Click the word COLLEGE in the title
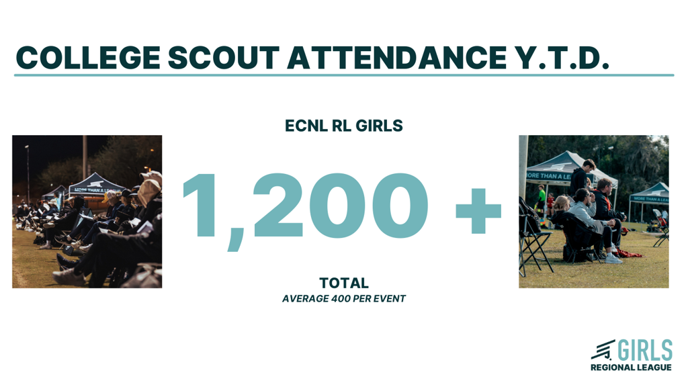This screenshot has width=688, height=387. [x=88, y=58]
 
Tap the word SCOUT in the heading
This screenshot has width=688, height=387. [x=224, y=58]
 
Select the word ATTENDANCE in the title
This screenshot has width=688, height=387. [x=397, y=58]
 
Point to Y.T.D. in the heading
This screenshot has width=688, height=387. [x=562, y=58]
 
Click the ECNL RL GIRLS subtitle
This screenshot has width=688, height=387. [x=343, y=126]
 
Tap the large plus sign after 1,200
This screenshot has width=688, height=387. [x=478, y=210]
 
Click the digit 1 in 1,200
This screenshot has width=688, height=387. [x=202, y=206]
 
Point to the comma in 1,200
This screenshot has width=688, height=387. [x=236, y=239]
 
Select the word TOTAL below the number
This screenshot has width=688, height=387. [x=344, y=283]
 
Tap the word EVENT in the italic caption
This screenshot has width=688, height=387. [x=391, y=299]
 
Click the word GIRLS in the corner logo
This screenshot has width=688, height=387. [x=645, y=350]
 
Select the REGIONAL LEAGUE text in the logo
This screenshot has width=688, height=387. [x=631, y=368]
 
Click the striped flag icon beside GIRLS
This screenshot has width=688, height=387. [x=603, y=349]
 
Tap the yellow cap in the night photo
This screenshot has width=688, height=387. [x=106, y=196]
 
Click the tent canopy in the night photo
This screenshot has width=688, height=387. [x=95, y=184]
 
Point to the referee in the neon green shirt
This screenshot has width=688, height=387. [x=542, y=198]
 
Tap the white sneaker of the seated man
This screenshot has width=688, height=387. [x=613, y=259]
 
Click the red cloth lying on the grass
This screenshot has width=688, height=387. [x=629, y=253]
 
